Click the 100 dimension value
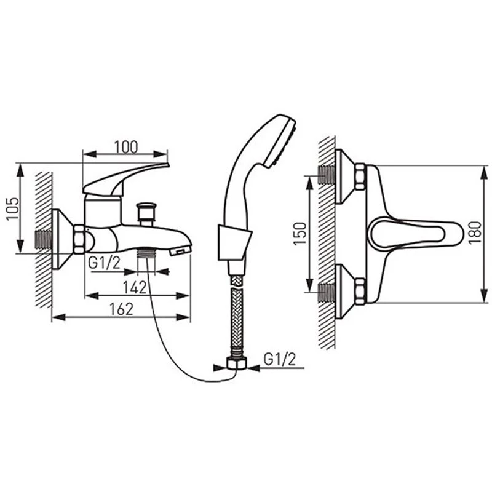click(125, 147)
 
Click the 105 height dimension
click(13, 208)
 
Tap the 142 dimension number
click(135, 287)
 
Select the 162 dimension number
click(121, 309)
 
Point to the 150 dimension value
click(300, 234)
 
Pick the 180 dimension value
click(475, 232)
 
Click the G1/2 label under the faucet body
click(104, 263)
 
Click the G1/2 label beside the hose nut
click(280, 359)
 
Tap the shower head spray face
click(281, 143)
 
